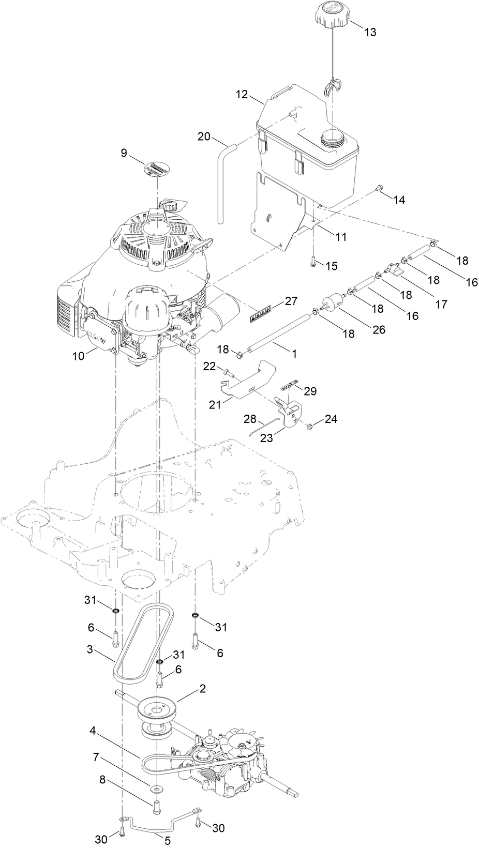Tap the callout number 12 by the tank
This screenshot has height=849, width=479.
[x=242, y=95]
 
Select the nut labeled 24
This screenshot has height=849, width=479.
[x=309, y=426]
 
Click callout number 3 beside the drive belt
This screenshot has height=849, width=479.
[x=90, y=650]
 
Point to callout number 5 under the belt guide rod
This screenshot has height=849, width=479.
[x=167, y=841]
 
